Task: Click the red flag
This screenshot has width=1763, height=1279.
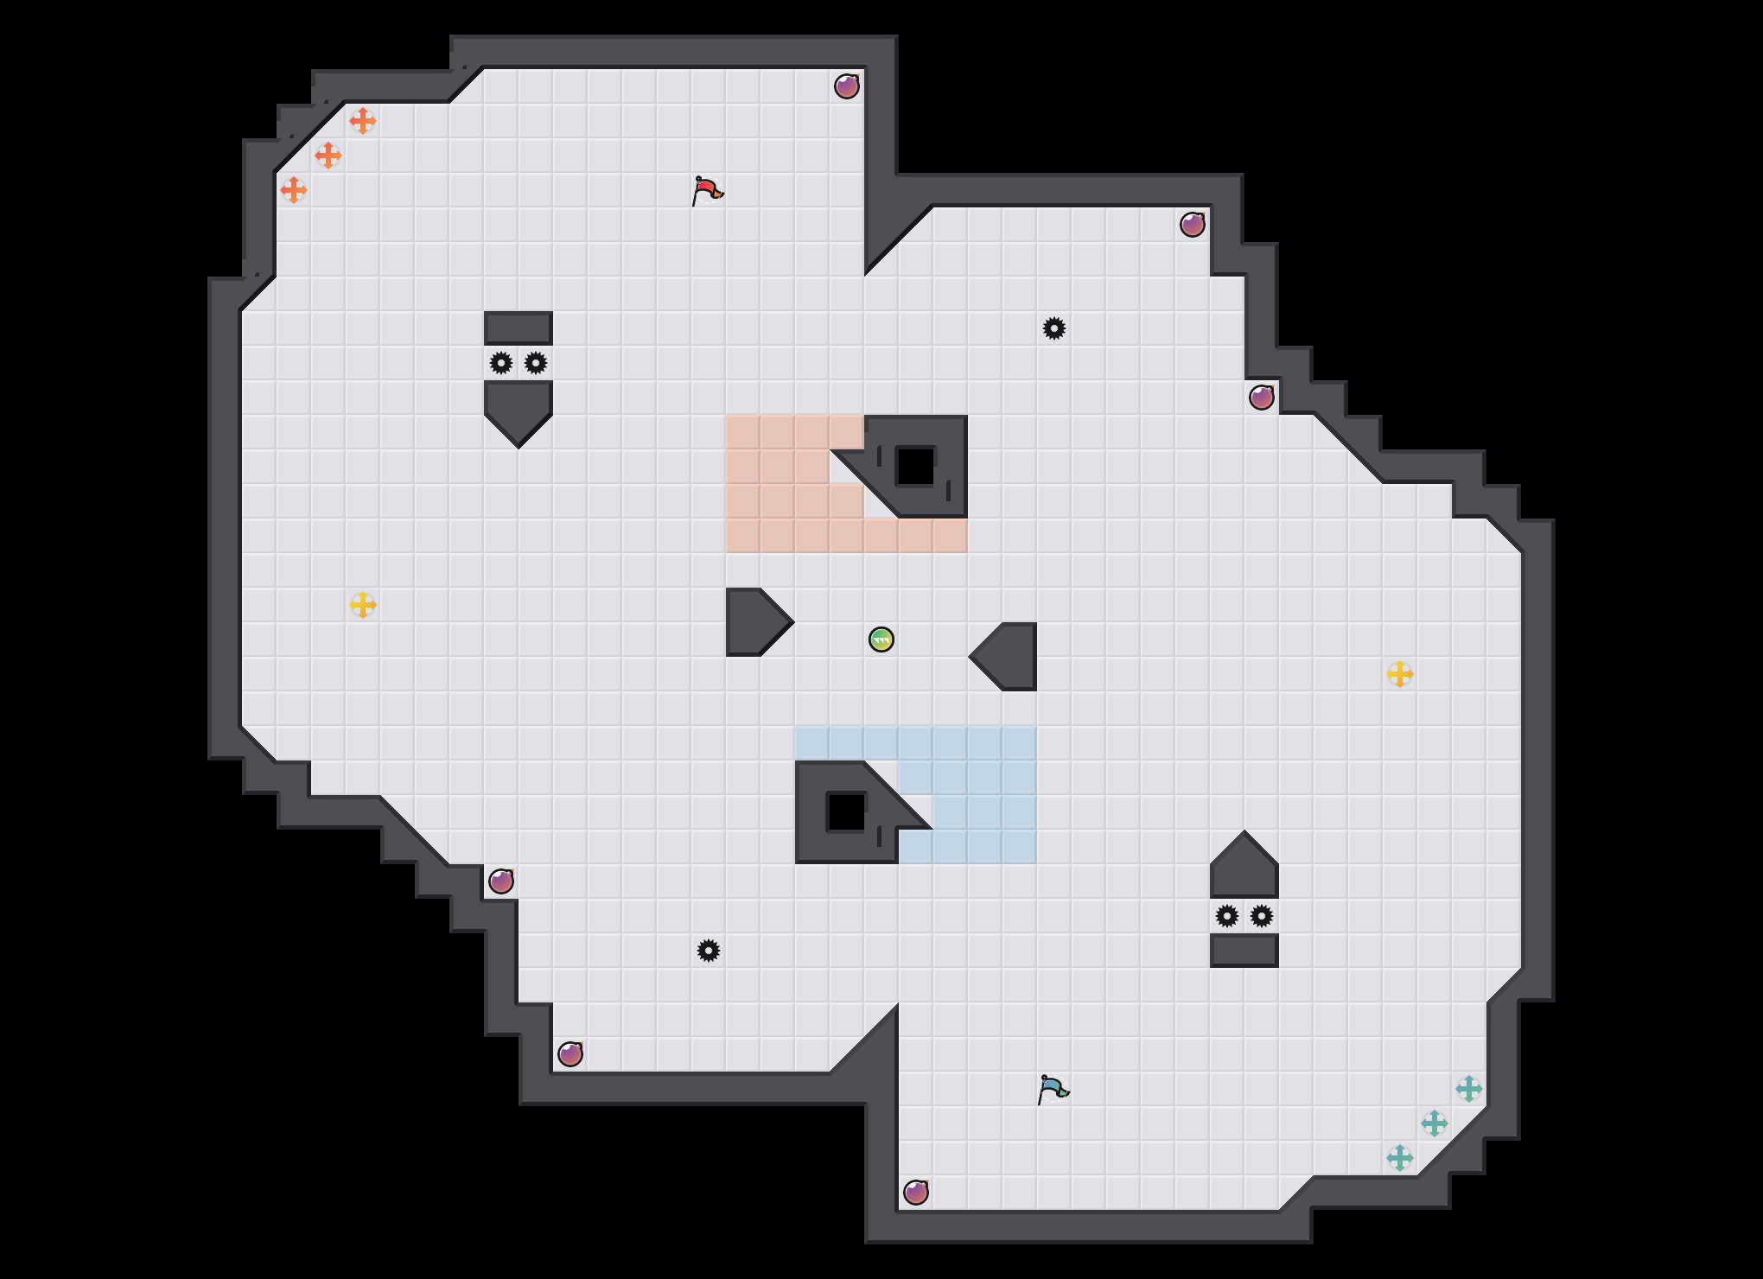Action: (x=707, y=190)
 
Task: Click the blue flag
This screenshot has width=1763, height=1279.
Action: (x=1053, y=1089)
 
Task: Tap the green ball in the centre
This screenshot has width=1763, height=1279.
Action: (x=881, y=639)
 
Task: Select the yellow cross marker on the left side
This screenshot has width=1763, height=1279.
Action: (x=363, y=605)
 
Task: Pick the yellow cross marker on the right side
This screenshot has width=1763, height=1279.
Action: (x=1400, y=674)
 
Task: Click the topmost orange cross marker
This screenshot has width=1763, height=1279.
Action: (x=363, y=121)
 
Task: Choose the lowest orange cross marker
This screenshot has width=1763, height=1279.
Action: (x=294, y=190)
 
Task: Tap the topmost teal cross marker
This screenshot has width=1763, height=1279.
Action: (x=1469, y=1089)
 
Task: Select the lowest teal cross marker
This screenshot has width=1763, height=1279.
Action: (x=1400, y=1158)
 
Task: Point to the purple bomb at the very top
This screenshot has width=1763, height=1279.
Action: (x=847, y=86)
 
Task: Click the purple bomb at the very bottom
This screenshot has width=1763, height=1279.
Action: (x=916, y=1193)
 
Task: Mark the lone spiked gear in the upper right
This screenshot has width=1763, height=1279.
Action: (x=1054, y=328)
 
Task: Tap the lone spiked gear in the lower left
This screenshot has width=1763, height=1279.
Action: (x=709, y=951)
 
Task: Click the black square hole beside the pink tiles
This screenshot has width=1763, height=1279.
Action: (x=916, y=467)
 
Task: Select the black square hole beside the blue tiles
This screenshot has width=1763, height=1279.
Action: (x=847, y=812)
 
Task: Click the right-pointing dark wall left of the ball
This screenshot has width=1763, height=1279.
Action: (x=754, y=622)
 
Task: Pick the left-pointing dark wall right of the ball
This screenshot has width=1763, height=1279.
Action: (x=1009, y=657)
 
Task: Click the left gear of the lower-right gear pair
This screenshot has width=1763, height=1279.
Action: (x=1227, y=916)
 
